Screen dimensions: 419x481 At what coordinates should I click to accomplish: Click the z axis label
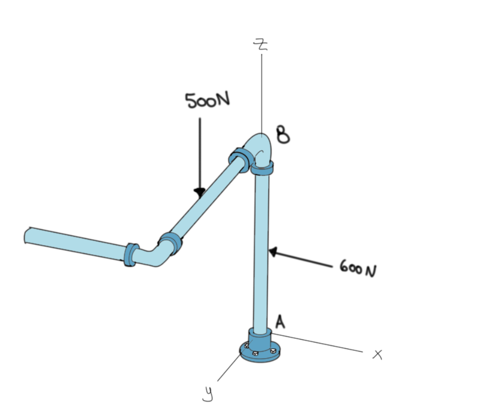click(261, 44)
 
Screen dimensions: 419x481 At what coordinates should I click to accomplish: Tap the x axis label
click(377, 355)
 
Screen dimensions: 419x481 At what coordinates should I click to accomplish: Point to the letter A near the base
click(280, 321)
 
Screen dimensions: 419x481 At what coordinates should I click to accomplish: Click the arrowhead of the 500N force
click(199, 191)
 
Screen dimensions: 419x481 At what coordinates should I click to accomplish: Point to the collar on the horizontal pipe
click(130, 254)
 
